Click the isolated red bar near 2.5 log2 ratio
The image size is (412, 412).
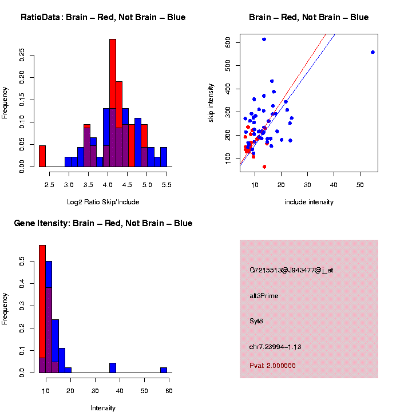[x=42, y=156]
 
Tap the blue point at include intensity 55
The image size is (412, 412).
[x=373, y=52]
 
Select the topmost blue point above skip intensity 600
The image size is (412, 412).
[x=264, y=39]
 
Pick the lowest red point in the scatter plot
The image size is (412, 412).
[x=264, y=167]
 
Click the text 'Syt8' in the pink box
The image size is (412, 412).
[x=256, y=321]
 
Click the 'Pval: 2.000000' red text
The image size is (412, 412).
[x=272, y=366]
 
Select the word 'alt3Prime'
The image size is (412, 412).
[x=264, y=296]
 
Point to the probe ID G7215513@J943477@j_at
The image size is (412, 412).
[x=291, y=270]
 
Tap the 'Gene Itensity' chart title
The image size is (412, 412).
[x=103, y=223]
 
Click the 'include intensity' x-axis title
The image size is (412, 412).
[x=309, y=202]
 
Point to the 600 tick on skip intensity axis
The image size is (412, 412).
[x=228, y=42]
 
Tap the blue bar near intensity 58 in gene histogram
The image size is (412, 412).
[x=164, y=370]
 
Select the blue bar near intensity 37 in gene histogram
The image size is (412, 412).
[x=113, y=367]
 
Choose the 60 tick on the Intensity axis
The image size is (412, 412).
[x=169, y=391]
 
